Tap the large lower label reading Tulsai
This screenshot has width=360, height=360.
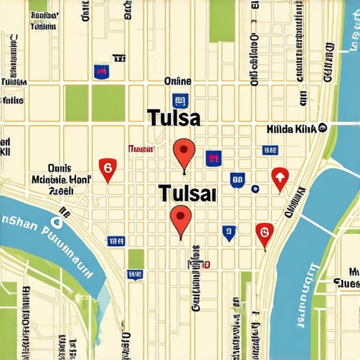[188, 191]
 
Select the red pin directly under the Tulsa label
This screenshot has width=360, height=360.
[184, 150]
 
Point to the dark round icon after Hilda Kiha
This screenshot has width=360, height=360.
[322, 127]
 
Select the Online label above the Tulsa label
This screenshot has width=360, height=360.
[178, 82]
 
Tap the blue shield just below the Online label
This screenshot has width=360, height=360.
[181, 101]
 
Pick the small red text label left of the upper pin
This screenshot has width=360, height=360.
[141, 149]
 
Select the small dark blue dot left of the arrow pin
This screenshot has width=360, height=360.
[255, 188]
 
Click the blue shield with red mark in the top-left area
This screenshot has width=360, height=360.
[101, 70]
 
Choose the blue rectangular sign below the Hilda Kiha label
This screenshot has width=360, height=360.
[269, 150]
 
